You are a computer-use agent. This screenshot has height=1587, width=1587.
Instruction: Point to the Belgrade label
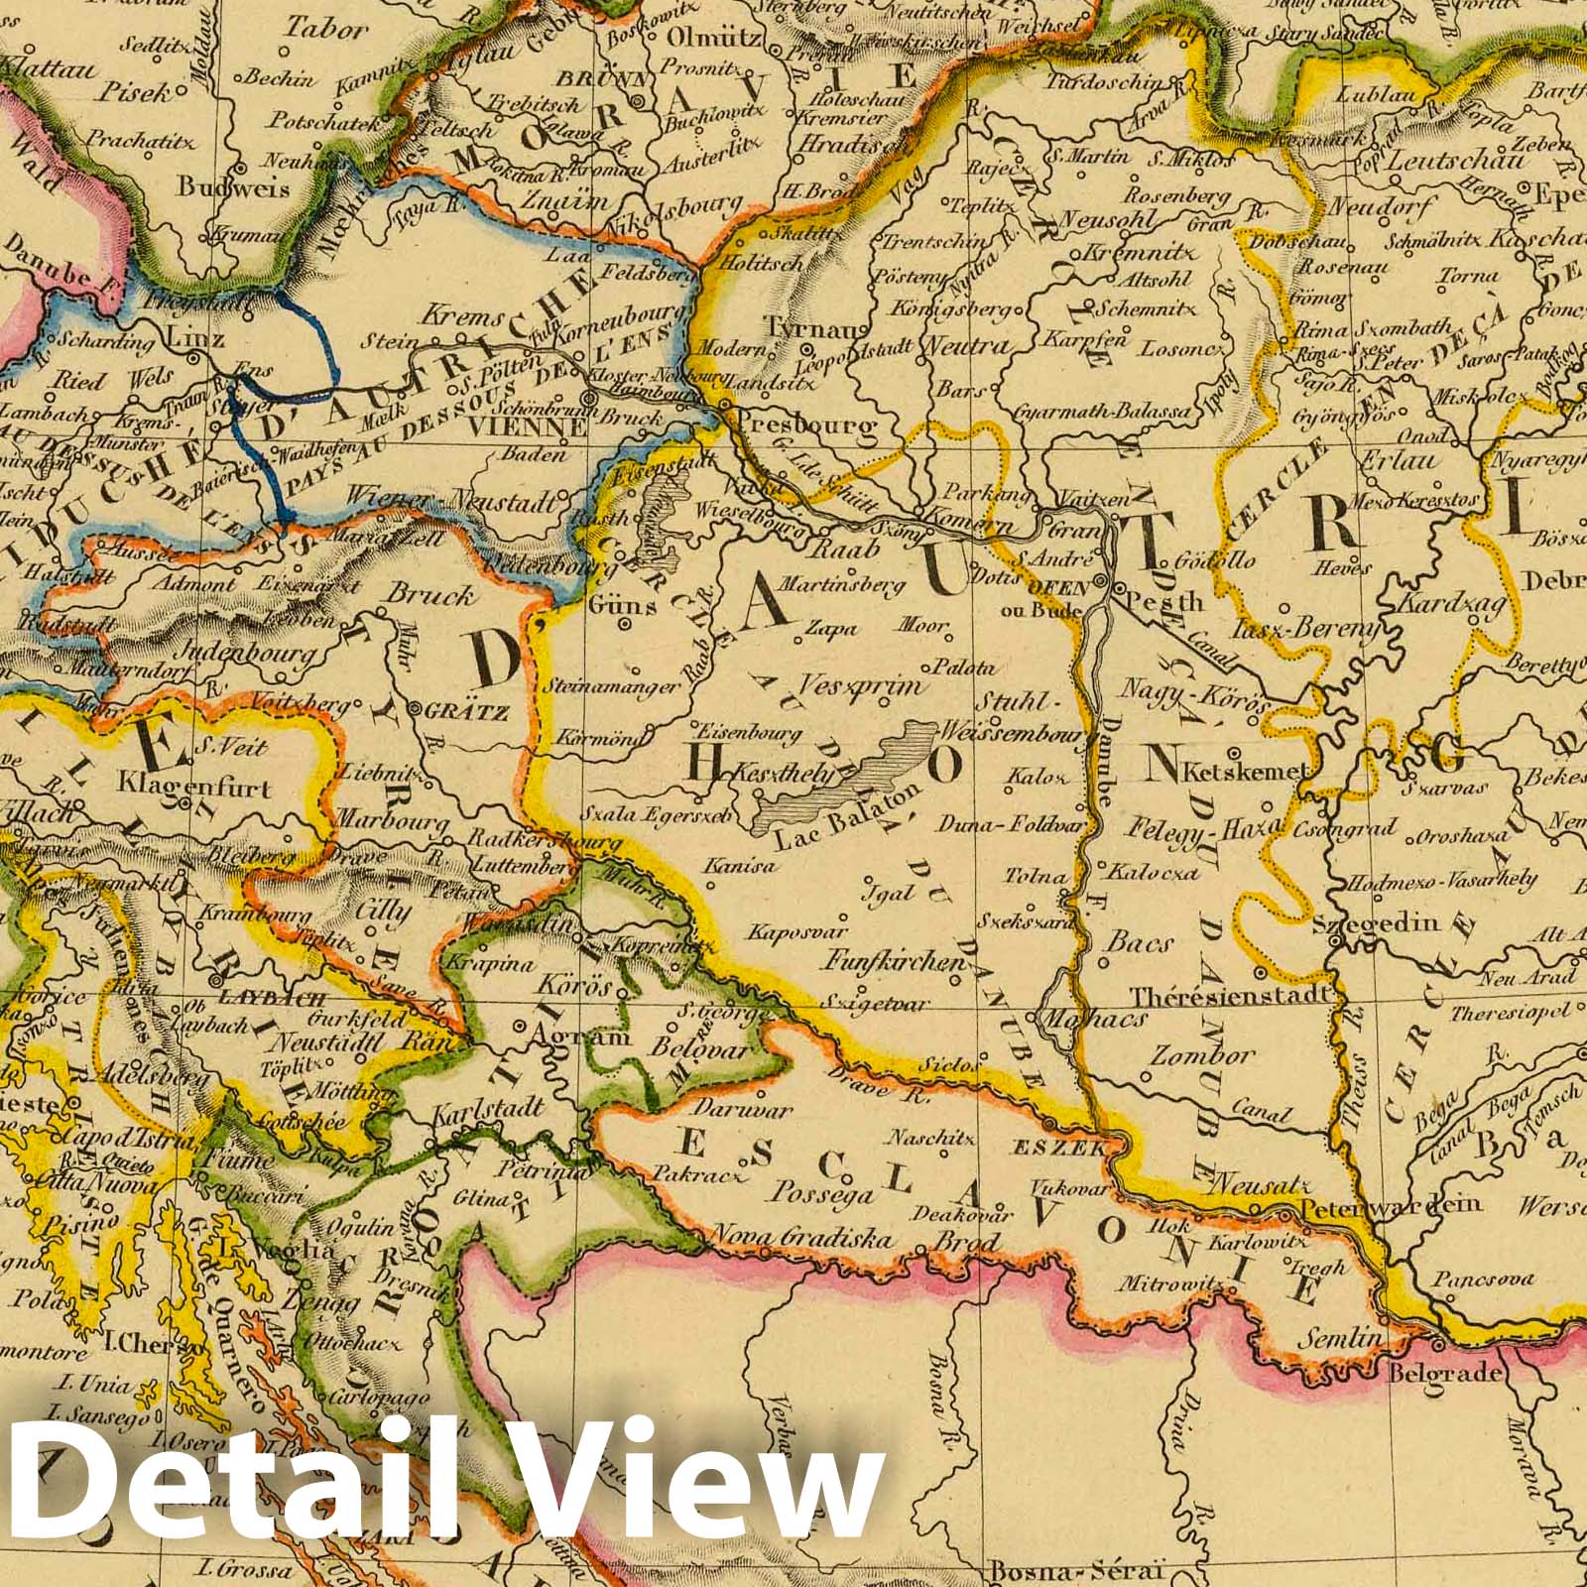click(x=1448, y=1375)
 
